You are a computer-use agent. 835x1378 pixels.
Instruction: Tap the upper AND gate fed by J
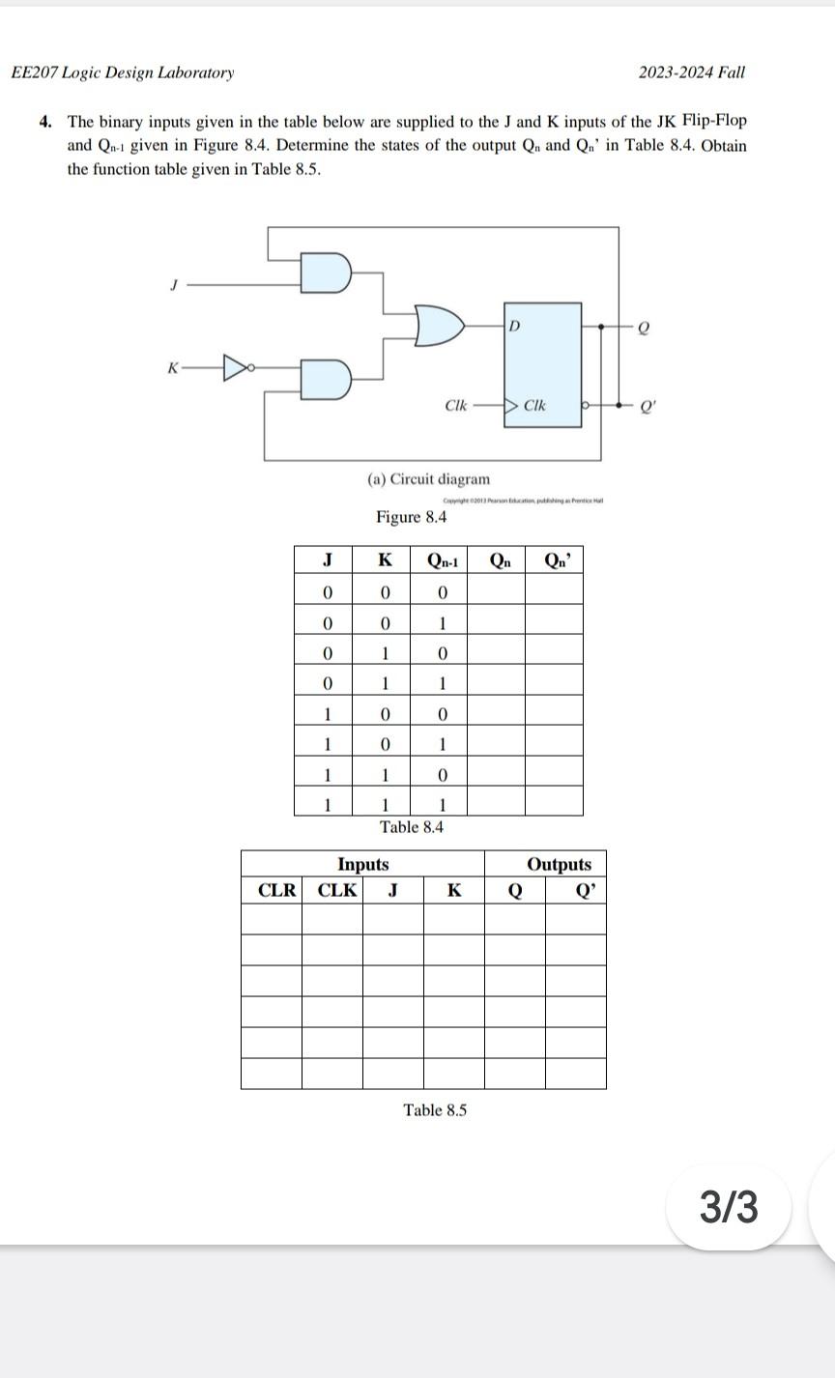click(x=325, y=273)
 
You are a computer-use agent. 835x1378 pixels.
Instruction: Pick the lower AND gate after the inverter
click(x=325, y=380)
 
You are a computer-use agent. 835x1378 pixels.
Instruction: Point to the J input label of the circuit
click(x=174, y=285)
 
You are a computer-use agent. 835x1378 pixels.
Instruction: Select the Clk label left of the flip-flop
click(x=455, y=405)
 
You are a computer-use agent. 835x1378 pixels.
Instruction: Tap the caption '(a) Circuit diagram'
click(x=428, y=479)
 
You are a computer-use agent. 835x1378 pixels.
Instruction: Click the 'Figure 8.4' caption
click(x=412, y=517)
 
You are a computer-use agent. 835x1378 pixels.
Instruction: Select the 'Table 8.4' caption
click(x=412, y=827)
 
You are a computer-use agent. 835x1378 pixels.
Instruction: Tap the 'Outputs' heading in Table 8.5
click(x=559, y=864)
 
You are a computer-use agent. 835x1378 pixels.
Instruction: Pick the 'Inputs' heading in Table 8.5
click(x=362, y=864)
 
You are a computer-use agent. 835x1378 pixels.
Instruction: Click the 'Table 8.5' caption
click(x=435, y=1110)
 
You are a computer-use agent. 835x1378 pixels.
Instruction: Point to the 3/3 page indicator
click(x=729, y=1207)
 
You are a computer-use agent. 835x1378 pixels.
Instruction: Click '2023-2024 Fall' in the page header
click(x=692, y=72)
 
